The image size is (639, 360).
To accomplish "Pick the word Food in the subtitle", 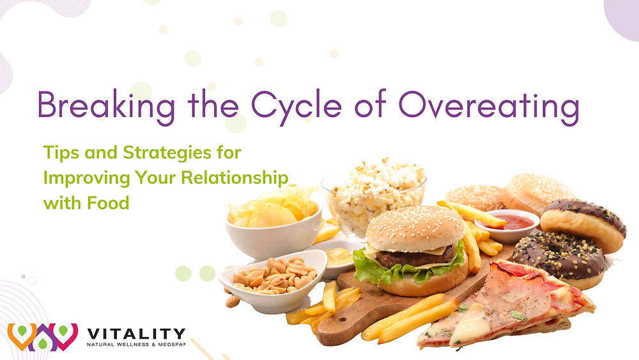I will [x=109, y=203].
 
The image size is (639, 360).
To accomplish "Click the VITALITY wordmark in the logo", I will [x=135, y=334].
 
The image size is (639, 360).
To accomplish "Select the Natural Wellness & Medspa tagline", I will [x=135, y=345].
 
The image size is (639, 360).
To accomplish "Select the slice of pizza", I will [x=505, y=306].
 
